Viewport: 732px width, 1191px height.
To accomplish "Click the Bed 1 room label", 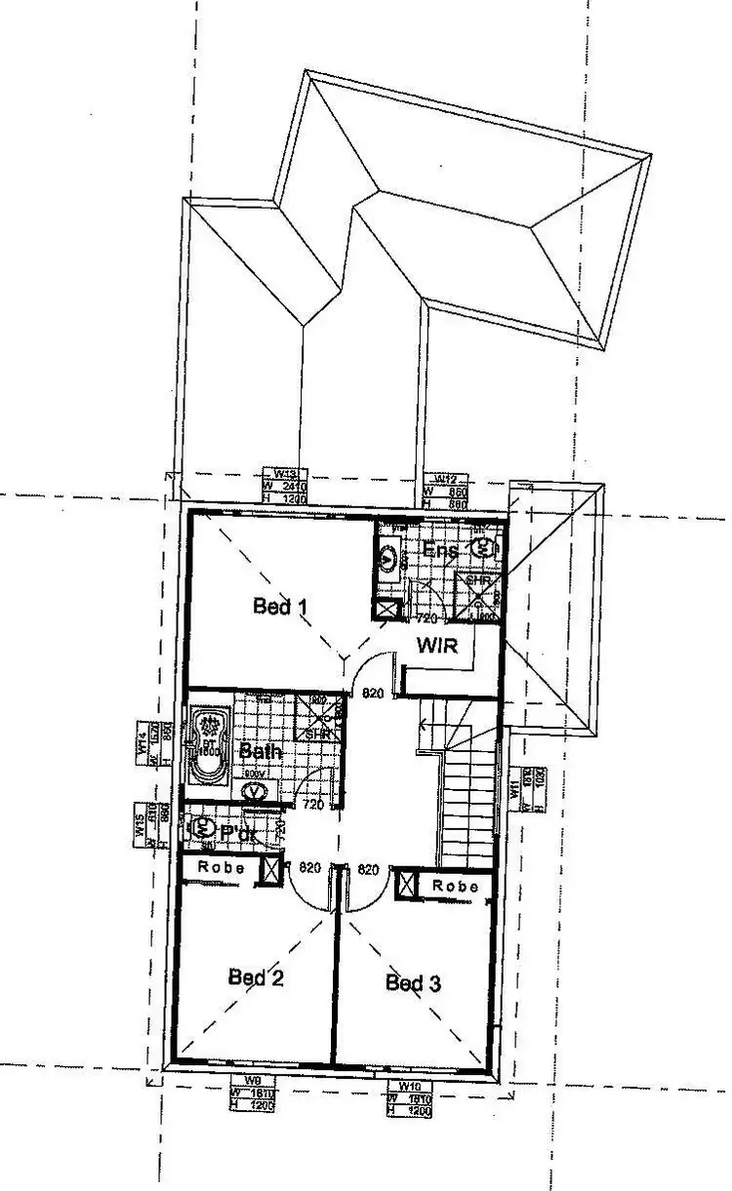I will click(280, 607).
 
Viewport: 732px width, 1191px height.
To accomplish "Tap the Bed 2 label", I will click(256, 976).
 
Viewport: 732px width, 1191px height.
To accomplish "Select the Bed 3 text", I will click(413, 982).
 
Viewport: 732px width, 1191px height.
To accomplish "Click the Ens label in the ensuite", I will click(440, 550).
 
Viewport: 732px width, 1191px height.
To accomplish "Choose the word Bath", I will click(261, 751).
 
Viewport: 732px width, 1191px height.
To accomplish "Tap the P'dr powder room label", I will click(237, 834).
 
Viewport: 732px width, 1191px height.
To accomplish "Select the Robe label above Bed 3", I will click(456, 886).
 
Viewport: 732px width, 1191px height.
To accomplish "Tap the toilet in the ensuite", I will click(484, 548).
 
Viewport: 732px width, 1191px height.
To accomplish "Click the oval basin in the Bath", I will click(256, 789).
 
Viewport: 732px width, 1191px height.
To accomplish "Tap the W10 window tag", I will click(409, 1086).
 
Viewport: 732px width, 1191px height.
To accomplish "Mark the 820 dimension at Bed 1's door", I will click(372, 694).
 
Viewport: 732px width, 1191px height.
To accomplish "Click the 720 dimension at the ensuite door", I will click(426, 619).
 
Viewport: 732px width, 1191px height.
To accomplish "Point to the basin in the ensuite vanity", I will click(388, 558).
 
